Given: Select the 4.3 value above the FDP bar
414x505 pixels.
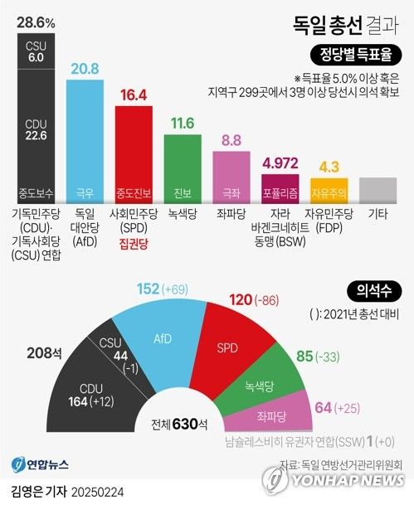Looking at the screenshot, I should coord(329,166).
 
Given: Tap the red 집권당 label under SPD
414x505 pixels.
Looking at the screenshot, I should coord(133,245).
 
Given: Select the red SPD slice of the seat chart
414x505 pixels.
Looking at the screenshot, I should coord(233,347).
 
